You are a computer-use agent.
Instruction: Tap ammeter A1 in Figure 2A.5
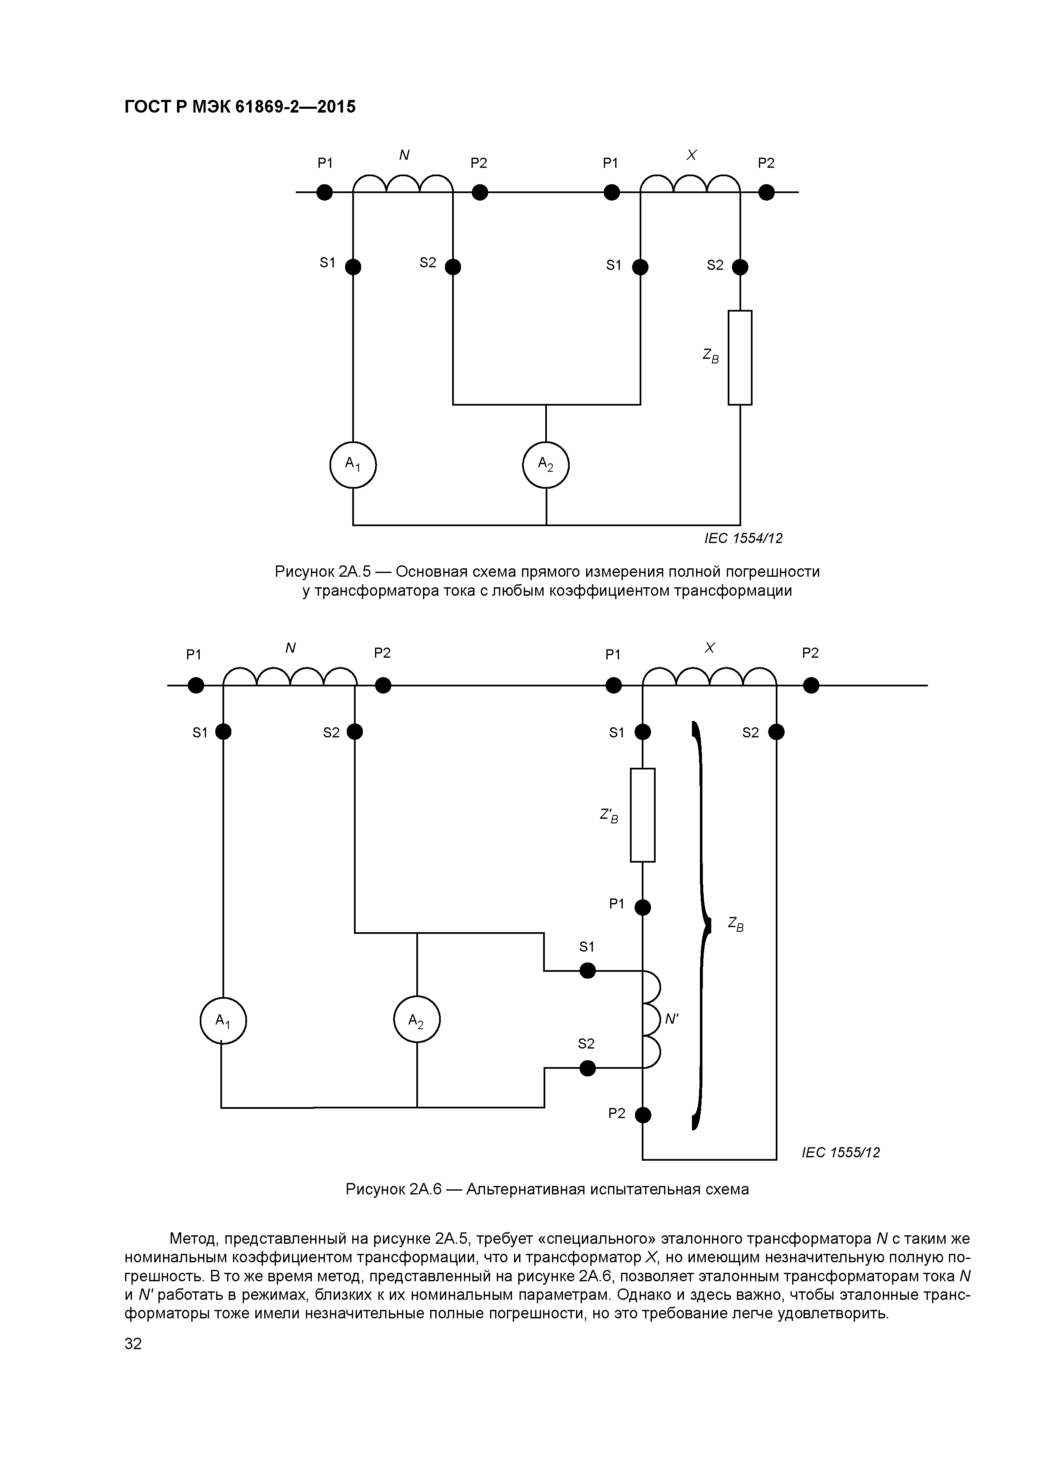click(353, 465)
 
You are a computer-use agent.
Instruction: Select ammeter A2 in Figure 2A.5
click(546, 465)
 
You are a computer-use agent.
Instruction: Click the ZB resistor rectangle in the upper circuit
click(740, 358)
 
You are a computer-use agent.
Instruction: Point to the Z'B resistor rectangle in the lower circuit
click(643, 815)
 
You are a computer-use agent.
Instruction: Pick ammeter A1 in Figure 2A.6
click(223, 1020)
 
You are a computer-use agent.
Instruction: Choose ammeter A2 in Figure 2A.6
click(417, 1020)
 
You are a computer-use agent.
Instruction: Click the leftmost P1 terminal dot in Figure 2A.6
click(196, 686)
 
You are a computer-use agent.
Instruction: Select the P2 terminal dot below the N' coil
click(643, 1114)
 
